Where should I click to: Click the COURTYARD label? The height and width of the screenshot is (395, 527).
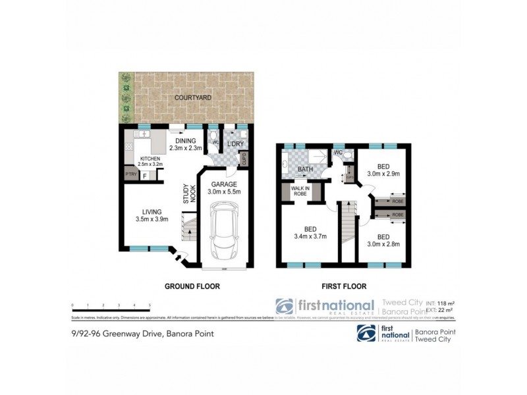[188, 97]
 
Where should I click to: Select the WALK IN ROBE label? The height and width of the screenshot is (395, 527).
[300, 192]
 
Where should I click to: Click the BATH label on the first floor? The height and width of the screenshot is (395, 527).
[306, 169]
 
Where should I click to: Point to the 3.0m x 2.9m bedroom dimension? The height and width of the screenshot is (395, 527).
[383, 175]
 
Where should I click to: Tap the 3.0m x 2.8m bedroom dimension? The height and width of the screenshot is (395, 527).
[383, 244]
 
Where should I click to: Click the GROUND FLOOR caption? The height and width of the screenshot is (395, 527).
[192, 286]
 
